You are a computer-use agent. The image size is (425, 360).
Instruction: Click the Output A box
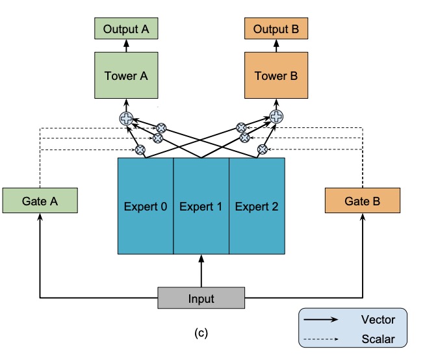(126, 29)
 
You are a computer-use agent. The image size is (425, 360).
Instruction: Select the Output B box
(276, 29)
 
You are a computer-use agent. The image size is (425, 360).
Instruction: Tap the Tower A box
(126, 76)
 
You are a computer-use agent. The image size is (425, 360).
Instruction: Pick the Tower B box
(276, 76)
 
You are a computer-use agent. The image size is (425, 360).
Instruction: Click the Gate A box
(40, 201)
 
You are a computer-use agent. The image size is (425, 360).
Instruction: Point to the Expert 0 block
(146, 206)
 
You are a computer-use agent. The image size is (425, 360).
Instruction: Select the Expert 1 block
(201, 206)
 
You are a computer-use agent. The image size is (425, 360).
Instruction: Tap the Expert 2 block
(257, 206)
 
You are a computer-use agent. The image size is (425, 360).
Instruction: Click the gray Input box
(201, 299)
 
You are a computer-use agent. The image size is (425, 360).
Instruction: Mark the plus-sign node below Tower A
(126, 118)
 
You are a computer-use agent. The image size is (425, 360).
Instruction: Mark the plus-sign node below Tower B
(276, 117)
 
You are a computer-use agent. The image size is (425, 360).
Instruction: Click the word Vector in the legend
(377, 319)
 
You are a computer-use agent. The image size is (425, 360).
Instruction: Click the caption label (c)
(201, 333)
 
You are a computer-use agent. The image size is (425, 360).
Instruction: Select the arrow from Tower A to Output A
(126, 45)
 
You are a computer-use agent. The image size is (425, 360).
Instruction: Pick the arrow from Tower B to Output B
(276, 45)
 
